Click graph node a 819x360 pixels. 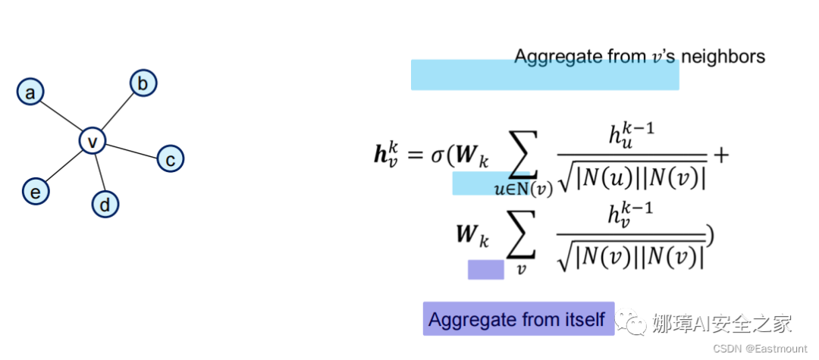coord(30,92)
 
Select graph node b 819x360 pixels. coord(143,83)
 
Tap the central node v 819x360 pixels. coord(93,141)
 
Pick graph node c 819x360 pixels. coord(171,159)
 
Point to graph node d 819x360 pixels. coord(105,204)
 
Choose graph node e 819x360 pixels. coord(35,191)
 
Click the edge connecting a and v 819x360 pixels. coord(61,117)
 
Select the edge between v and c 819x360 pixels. coord(131,150)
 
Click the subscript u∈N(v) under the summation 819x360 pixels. coord(523,189)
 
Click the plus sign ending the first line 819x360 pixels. coord(720,155)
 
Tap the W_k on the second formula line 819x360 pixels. coord(472,235)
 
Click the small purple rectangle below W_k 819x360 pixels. coord(485,269)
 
